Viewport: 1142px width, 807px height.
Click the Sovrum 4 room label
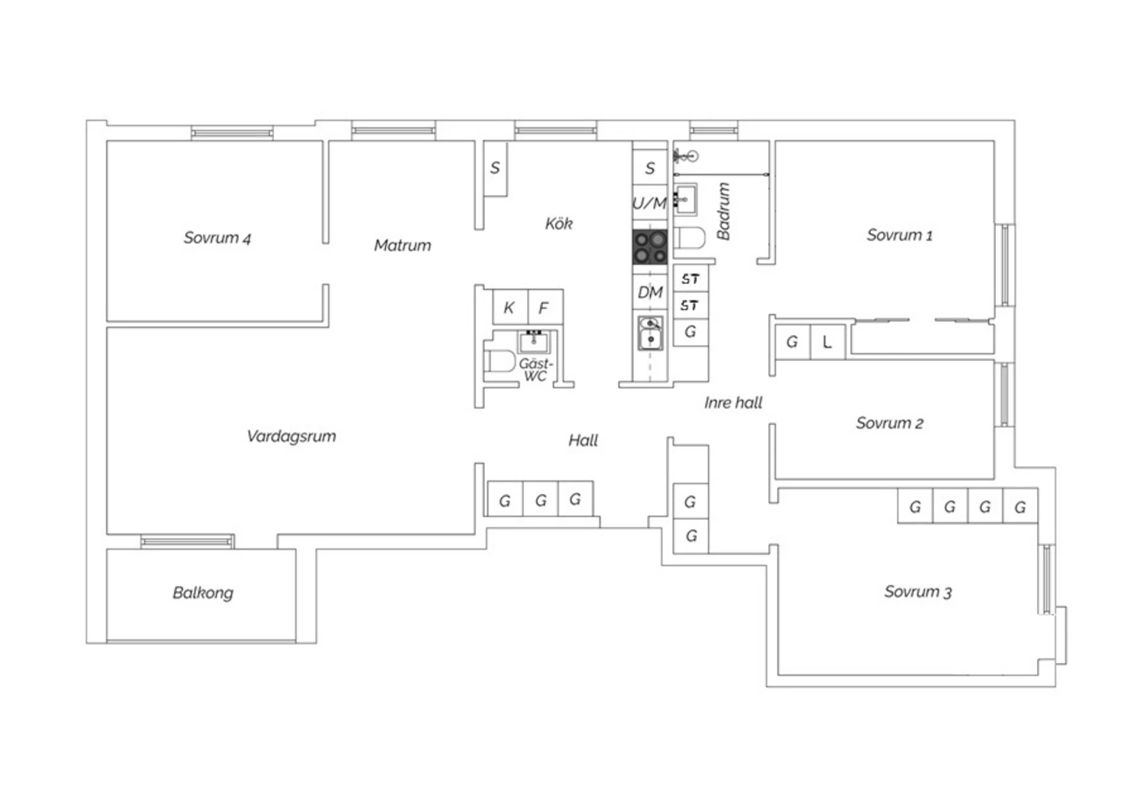tap(217, 238)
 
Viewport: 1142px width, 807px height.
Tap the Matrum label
tap(402, 245)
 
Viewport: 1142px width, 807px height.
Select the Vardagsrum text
tap(291, 436)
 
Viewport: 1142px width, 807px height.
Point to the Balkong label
tap(203, 593)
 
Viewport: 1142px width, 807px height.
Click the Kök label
tap(559, 223)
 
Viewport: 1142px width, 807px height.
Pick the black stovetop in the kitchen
tap(650, 247)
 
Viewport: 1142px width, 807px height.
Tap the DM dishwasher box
tap(650, 292)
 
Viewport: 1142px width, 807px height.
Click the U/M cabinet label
tap(649, 203)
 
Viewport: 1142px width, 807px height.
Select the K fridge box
tap(510, 308)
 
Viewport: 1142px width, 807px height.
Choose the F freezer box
tap(545, 308)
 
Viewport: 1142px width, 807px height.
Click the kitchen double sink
tap(650, 333)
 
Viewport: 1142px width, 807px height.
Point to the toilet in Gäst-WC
tap(499, 361)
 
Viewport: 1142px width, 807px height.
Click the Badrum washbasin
tap(686, 199)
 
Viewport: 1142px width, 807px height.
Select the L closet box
tap(828, 342)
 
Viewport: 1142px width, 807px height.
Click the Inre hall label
tap(733, 403)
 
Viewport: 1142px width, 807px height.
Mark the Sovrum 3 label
tap(917, 592)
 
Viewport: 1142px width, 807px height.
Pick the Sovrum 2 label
tap(890, 423)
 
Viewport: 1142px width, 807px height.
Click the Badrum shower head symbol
tap(686, 156)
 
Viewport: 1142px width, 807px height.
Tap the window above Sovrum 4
tap(232, 133)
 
